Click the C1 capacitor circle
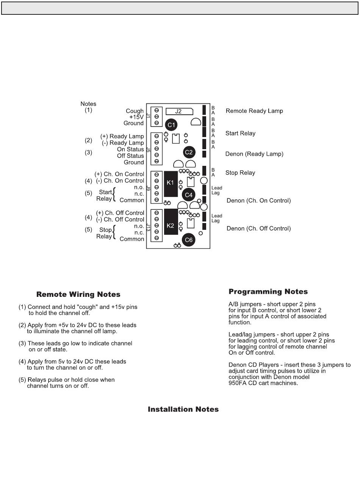pyautogui.click(x=171, y=125)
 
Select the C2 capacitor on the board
pyautogui.click(x=189, y=152)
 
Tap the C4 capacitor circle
pyautogui.click(x=188, y=195)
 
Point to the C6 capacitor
pyautogui.click(x=188, y=240)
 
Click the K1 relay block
pyautogui.click(x=171, y=184)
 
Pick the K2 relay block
pyautogui.click(x=171, y=226)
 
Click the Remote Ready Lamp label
pyautogui.click(x=254, y=111)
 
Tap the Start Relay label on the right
pyautogui.click(x=240, y=133)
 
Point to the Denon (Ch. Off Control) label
pyautogui.click(x=258, y=228)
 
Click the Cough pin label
pyautogui.click(x=135, y=111)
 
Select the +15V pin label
pyautogui.click(x=136, y=117)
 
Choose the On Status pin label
pyautogui.click(x=130, y=149)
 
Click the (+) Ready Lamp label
pyautogui.click(x=122, y=136)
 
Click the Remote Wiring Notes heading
pyautogui.click(x=78, y=294)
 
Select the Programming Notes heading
pyautogui.click(x=268, y=292)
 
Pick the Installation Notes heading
pyautogui.click(x=183, y=409)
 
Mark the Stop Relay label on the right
pyautogui.click(x=240, y=173)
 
